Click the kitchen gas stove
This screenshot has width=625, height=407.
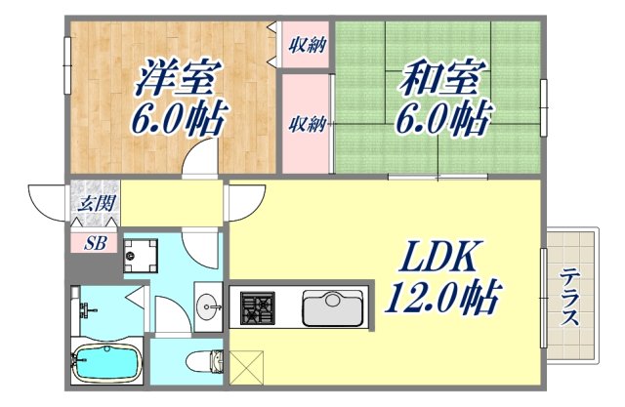pyautogui.click(x=258, y=308)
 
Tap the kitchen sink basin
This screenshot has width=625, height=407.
pyautogui.click(x=332, y=308)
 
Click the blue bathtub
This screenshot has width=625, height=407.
pyautogui.click(x=106, y=363)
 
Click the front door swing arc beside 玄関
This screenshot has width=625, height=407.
pyautogui.click(x=47, y=202)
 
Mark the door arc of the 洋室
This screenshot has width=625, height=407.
pyautogui.click(x=203, y=156)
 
